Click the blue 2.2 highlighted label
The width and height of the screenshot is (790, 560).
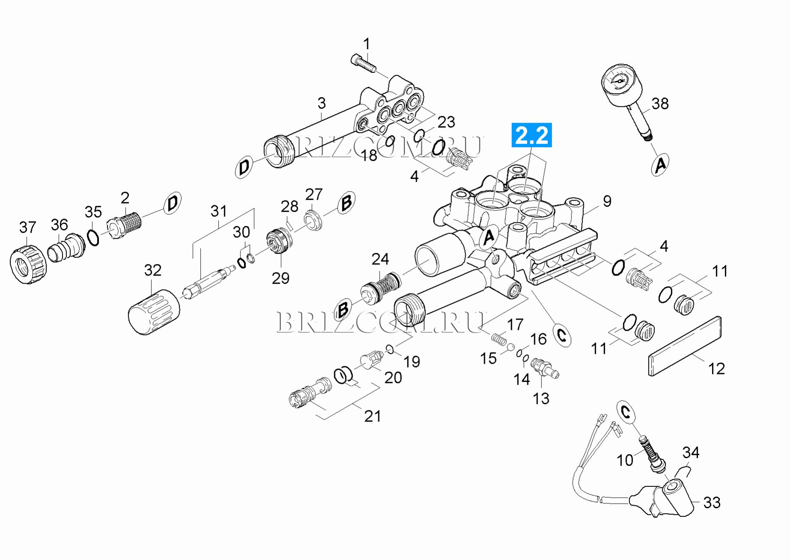pyautogui.click(x=532, y=135)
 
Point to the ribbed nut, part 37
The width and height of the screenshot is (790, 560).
pyautogui.click(x=27, y=264)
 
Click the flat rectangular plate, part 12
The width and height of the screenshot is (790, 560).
pyautogui.click(x=685, y=346)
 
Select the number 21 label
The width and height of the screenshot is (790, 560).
pyautogui.click(x=372, y=416)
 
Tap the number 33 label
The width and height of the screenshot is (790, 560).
pyautogui.click(x=712, y=502)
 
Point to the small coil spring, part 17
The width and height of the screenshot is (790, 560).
pyautogui.click(x=498, y=339)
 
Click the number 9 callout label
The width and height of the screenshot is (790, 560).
pyautogui.click(x=607, y=201)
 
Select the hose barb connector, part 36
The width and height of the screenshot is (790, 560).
pyautogui.click(x=65, y=248)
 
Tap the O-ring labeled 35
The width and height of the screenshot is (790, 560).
pyautogui.click(x=93, y=238)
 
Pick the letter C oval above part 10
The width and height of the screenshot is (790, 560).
pyautogui.click(x=626, y=412)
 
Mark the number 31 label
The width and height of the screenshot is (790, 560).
pyautogui.click(x=218, y=211)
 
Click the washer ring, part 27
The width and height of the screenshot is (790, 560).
pyautogui.click(x=314, y=220)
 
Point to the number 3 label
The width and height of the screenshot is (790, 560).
pyautogui.click(x=321, y=103)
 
